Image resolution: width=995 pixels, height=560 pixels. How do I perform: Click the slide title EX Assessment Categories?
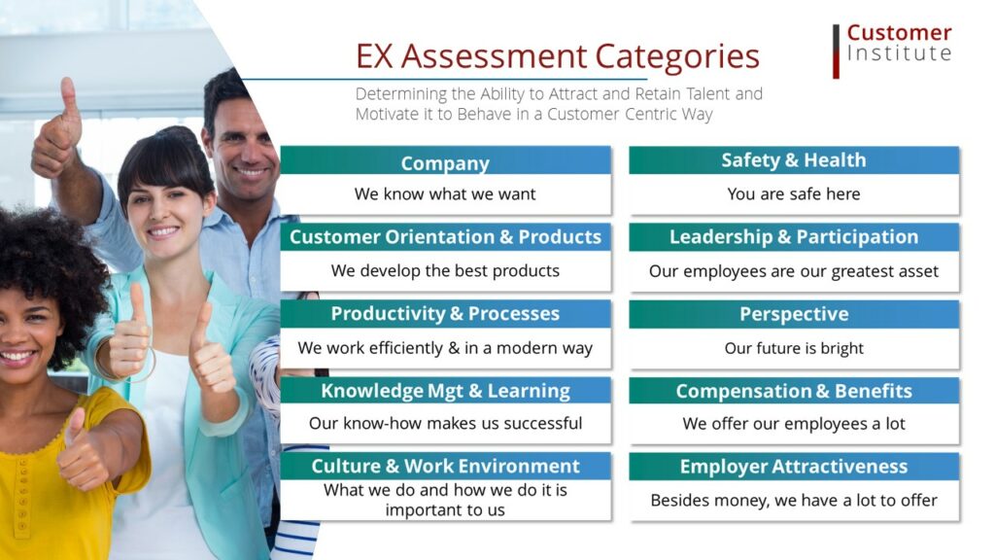pos(557,56)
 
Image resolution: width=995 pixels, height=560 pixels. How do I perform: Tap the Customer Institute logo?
pos(892,51)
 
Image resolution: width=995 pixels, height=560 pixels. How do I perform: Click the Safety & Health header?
pos(794,160)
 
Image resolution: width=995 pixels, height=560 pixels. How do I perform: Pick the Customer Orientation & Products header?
pos(445,237)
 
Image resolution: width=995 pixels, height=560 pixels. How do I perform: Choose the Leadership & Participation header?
pos(794,237)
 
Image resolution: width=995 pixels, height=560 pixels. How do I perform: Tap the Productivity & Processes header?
pos(445,314)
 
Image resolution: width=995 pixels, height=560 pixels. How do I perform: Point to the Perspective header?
pos(794,314)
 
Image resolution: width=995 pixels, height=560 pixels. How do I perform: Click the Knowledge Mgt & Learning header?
pos(445,391)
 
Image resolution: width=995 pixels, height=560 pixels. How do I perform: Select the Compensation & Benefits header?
pos(794,391)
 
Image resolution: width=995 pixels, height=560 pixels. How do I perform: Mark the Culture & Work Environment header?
pos(445,466)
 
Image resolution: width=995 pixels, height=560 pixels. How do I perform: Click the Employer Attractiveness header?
pos(794,467)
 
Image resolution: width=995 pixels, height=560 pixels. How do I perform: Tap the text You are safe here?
pos(794,193)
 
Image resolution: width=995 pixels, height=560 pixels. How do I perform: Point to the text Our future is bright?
pos(794,348)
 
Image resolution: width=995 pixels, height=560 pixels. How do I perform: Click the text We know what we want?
pos(445,193)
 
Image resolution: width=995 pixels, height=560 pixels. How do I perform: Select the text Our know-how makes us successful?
pos(445,424)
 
